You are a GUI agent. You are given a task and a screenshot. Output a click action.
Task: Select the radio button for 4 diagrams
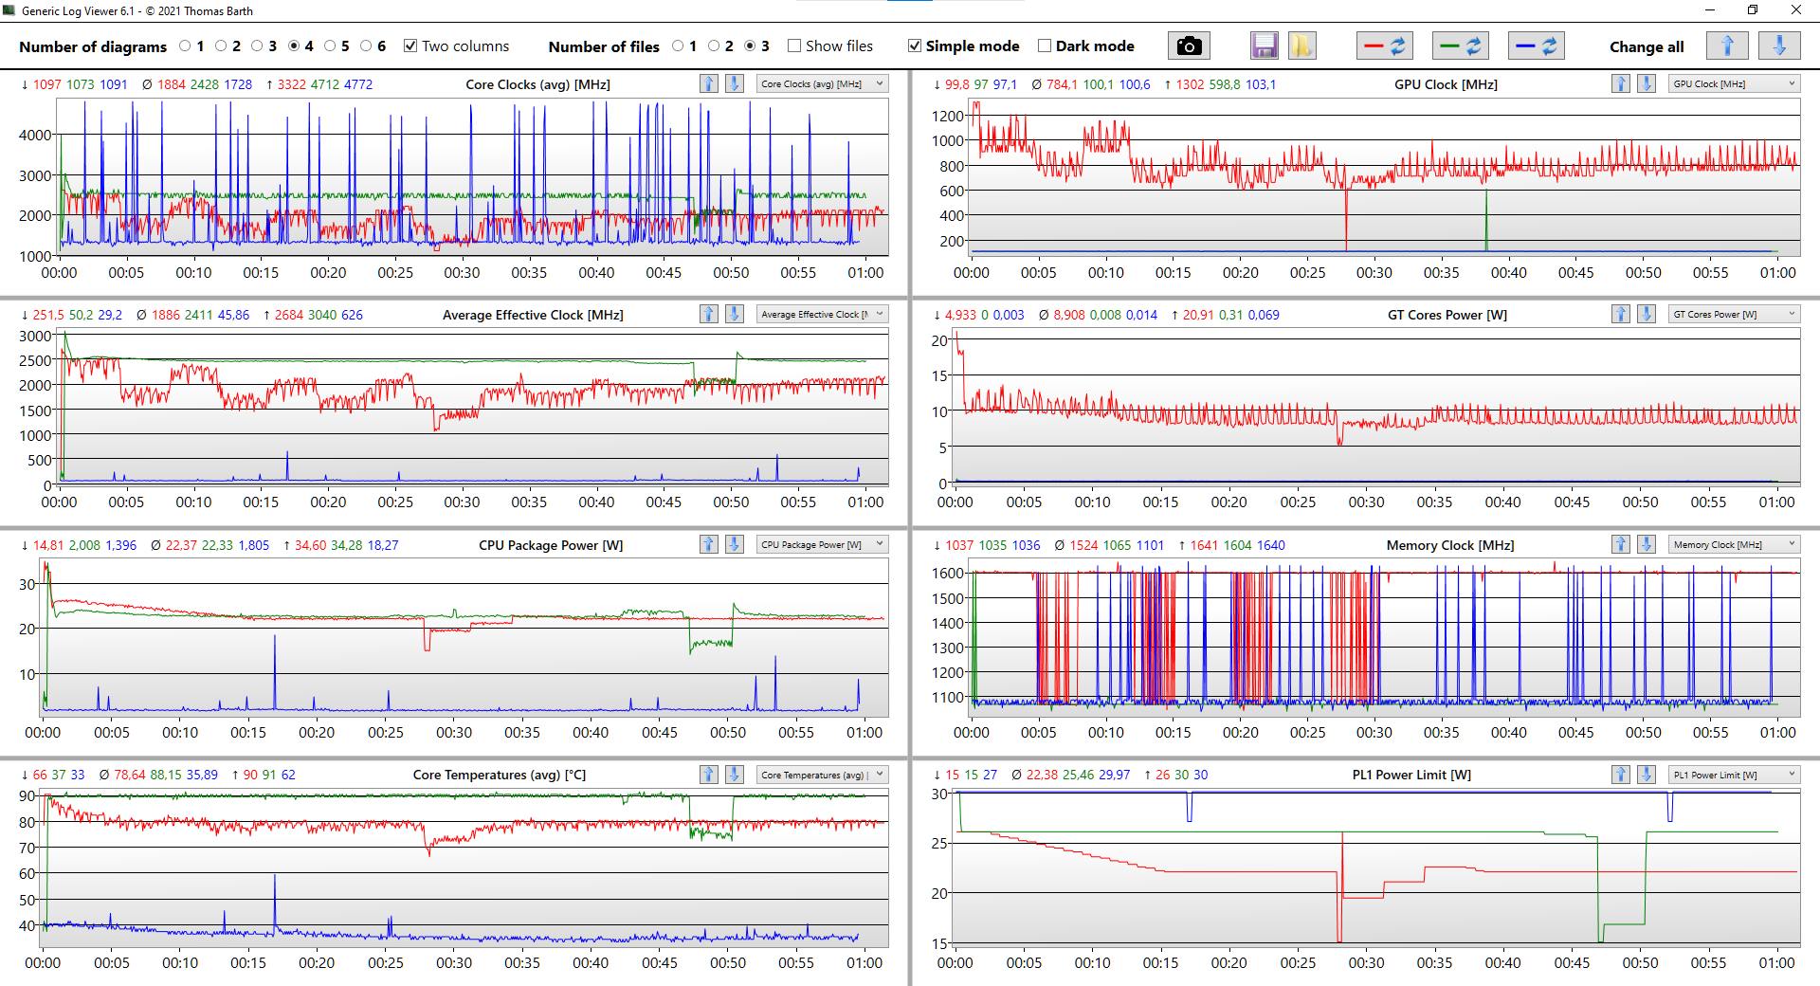294,46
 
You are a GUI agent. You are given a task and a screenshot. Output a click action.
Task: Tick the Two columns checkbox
410,46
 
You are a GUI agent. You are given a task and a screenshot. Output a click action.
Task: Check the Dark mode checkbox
1045,46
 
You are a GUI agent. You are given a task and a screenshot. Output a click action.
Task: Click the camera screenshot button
1189,46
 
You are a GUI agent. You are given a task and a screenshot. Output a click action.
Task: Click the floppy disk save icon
1264,46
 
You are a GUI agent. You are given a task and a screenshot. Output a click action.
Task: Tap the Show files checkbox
794,46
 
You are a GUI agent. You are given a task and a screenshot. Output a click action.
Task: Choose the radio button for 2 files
714,46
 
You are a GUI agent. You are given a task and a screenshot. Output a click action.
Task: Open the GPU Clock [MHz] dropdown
1734,83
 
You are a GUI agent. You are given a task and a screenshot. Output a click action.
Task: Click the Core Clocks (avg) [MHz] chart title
537,84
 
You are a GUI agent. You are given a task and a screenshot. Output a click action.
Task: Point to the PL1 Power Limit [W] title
1410,775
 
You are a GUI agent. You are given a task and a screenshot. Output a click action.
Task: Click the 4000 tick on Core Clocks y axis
35,135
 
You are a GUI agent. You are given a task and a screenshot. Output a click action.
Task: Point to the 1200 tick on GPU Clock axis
947,116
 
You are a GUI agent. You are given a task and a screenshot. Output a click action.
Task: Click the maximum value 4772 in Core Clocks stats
357,84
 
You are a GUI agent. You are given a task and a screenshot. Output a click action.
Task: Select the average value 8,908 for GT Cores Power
1069,315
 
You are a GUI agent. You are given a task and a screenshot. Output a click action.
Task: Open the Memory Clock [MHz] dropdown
1734,544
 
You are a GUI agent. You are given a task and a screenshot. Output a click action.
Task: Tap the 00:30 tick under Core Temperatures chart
454,962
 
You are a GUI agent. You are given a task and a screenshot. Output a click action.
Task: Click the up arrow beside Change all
1726,46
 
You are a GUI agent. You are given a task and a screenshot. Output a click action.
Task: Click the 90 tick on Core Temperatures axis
27,795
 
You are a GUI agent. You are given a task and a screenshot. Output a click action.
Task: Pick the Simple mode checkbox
915,46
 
